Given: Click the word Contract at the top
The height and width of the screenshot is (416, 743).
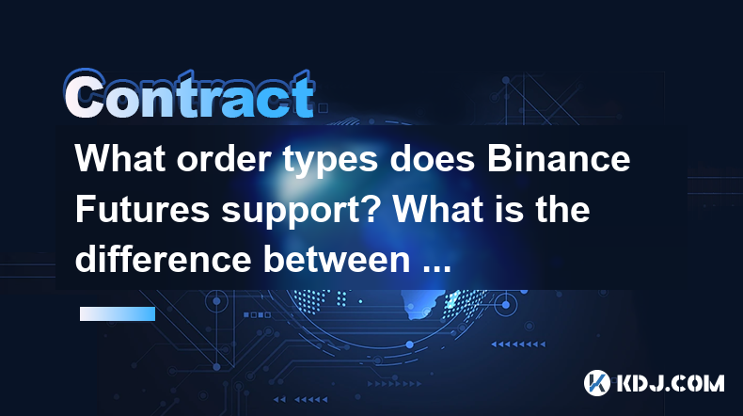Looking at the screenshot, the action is pos(190,94).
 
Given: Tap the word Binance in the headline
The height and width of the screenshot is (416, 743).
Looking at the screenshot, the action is pos(559,158).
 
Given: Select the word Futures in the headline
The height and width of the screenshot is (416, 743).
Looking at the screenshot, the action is pos(142,209).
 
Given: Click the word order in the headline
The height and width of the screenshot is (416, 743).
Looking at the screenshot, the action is pos(224,159).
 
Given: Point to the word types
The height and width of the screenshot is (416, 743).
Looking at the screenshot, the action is pos(331,161).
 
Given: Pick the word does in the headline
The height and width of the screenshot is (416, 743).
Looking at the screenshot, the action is pos(433,158).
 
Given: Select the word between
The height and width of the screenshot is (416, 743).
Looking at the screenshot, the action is pos(337,259).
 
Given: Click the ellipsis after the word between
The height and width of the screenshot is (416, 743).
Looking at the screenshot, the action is pos(436,269).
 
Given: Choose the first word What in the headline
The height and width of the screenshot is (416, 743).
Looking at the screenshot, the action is pos(119,158).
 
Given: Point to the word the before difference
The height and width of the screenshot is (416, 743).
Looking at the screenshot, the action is pos(563,209).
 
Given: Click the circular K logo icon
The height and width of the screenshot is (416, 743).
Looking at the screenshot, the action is pos(596,383).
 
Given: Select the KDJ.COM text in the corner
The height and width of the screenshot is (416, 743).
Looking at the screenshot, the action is pos(670,383).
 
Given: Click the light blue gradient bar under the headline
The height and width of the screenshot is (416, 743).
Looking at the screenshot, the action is pos(118,313).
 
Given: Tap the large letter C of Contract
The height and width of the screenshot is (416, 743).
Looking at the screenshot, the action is pos(85,94).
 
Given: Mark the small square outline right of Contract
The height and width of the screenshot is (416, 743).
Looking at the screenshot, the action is pos(323,108).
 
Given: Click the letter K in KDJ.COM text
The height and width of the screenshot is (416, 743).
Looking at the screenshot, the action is pos(625,383).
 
